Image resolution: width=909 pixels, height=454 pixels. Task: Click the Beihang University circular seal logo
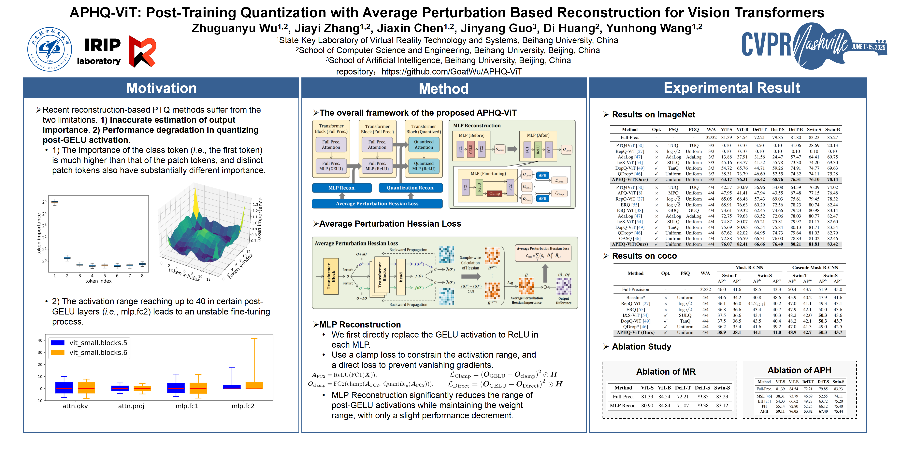tap(50, 49)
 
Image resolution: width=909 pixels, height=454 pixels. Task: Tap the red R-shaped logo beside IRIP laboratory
tap(142, 51)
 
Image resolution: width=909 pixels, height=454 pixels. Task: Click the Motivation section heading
tap(161, 88)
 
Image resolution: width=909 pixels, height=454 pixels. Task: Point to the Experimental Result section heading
tap(731, 88)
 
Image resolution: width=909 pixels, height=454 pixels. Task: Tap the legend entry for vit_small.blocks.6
tap(98, 353)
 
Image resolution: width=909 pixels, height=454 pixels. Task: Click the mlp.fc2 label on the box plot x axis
tap(243, 406)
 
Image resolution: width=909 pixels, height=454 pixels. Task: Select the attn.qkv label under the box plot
tap(75, 406)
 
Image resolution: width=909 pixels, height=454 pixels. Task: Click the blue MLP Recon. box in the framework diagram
tap(342, 188)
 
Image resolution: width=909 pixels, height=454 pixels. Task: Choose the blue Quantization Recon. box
tap(410, 188)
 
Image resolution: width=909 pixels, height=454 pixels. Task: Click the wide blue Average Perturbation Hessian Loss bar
tap(377, 204)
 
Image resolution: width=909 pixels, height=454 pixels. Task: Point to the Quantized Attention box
tap(424, 144)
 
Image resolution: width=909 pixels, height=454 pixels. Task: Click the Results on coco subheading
tap(644, 256)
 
